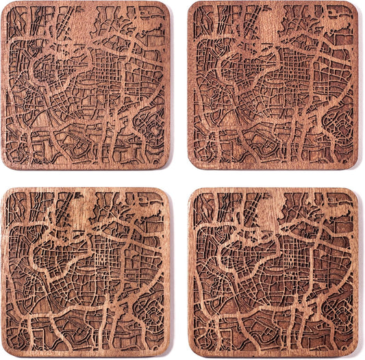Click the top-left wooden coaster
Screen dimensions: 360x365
85,85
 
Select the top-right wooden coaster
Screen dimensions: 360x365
273,85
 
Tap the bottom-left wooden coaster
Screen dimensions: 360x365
85,273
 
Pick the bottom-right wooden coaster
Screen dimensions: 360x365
273,273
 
